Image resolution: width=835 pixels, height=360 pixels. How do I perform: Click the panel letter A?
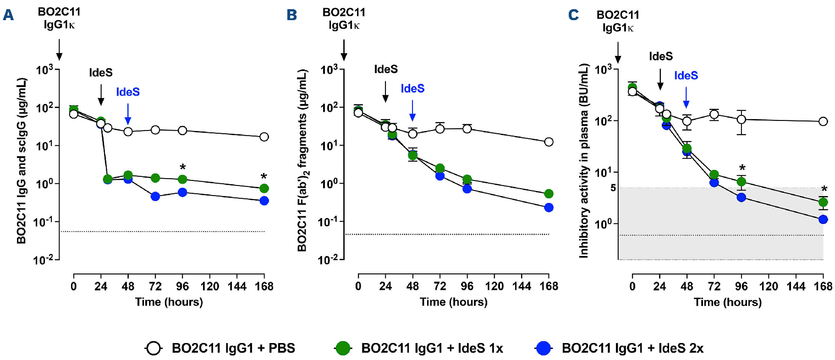pyautogui.click(x=8, y=16)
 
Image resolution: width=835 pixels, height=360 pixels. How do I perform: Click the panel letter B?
pyautogui.click(x=292, y=16)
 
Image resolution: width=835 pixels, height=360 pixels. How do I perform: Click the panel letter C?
pyautogui.click(x=573, y=16)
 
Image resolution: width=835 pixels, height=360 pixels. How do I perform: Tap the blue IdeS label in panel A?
pyautogui.click(x=128, y=92)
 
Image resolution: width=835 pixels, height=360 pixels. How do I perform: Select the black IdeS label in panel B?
pyautogui.click(x=386, y=69)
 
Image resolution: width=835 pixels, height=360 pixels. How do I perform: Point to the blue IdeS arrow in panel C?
pyautogui.click(x=686, y=97)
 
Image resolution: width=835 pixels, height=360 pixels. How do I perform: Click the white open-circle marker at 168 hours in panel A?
pyautogui.click(x=264, y=137)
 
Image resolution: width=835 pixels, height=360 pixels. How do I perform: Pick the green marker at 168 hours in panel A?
pyautogui.click(x=264, y=188)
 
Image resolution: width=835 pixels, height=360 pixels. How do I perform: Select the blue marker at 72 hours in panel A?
pyautogui.click(x=155, y=196)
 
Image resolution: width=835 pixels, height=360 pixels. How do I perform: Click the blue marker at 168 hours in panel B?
pyautogui.click(x=549, y=207)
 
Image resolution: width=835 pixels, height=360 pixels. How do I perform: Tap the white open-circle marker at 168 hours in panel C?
pyautogui.click(x=823, y=121)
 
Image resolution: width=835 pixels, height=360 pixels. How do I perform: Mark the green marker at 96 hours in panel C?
pyautogui.click(x=741, y=182)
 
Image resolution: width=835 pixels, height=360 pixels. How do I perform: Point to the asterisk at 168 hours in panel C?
pyautogui.click(x=824, y=189)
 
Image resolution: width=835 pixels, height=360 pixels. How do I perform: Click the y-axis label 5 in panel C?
pyautogui.click(x=613, y=188)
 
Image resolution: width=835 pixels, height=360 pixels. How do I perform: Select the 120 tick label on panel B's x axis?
pyautogui.click(x=494, y=286)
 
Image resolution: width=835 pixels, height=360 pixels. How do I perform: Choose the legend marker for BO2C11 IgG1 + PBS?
pyautogui.click(x=154, y=348)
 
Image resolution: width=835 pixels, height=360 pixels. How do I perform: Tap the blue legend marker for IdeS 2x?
pyautogui.click(x=543, y=348)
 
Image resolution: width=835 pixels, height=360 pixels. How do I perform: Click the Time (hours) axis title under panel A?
pyautogui.click(x=169, y=302)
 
